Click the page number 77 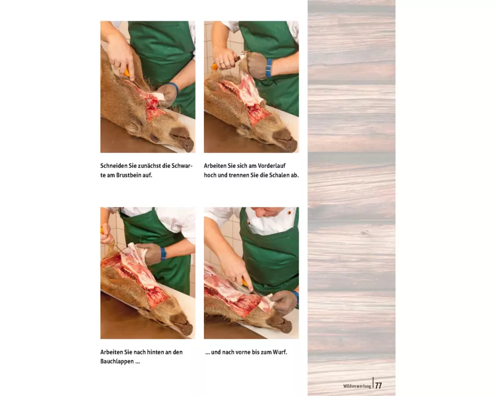[x=379, y=386]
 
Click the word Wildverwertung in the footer [x=357, y=386]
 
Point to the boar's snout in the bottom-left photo [x=182, y=324]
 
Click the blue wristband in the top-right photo [x=269, y=68]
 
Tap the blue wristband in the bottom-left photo [x=163, y=253]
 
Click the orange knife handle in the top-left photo [x=127, y=72]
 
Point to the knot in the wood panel [x=365, y=233]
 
